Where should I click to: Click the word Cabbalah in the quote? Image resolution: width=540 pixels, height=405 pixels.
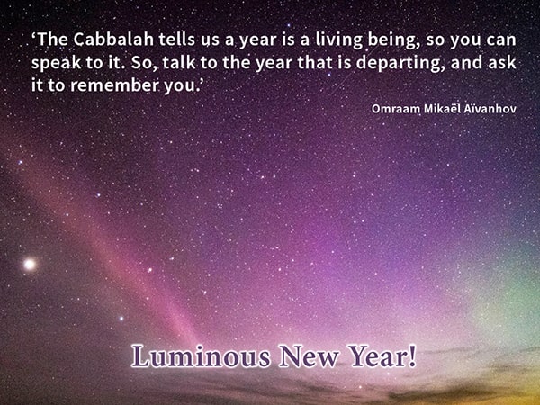coord(113,40)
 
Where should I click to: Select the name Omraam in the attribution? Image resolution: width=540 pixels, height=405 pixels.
coord(396,109)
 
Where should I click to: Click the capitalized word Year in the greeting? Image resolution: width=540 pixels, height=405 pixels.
coord(377,356)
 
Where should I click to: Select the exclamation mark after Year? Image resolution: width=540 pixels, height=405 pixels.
coord(412,356)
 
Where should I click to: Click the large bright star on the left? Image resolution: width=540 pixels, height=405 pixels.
coord(30,265)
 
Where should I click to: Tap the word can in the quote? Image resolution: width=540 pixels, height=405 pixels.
coord(501,40)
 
